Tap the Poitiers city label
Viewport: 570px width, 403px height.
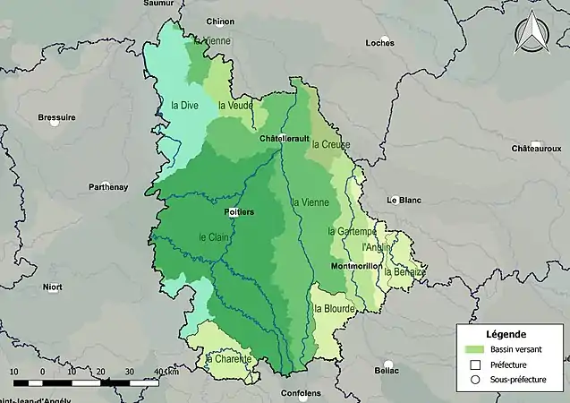(x=239, y=211)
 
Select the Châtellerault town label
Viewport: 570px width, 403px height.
(x=284, y=139)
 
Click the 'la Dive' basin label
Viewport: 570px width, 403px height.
(x=184, y=105)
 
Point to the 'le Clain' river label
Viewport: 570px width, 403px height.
(x=213, y=237)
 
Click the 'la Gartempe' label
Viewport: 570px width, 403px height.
(x=350, y=231)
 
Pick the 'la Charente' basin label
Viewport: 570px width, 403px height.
(x=229, y=359)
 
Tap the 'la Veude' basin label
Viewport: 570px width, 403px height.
(x=235, y=105)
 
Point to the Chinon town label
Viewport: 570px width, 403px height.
(x=219, y=21)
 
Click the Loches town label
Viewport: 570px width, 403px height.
(x=379, y=42)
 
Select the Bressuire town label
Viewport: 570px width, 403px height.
(x=56, y=117)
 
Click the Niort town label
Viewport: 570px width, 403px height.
(x=53, y=287)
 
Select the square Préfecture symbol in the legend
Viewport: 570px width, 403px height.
(x=475, y=364)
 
